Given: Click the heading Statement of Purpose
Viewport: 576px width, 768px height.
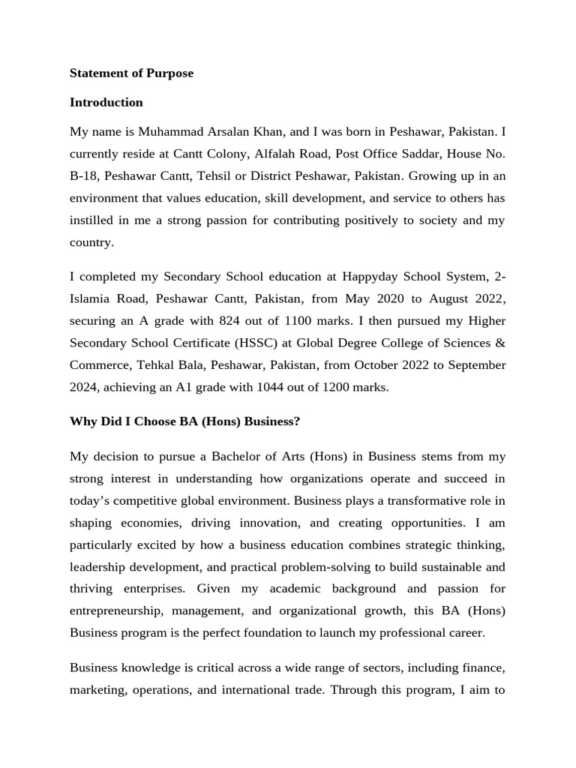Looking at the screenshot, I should pos(131,73).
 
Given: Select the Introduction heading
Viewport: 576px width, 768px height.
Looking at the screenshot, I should pos(106,103).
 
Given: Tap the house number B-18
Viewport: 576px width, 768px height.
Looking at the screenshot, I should pos(85,176).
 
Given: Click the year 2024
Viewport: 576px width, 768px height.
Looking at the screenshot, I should pos(85,388).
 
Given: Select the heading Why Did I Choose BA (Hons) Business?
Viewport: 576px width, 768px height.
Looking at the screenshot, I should pos(184,421).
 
